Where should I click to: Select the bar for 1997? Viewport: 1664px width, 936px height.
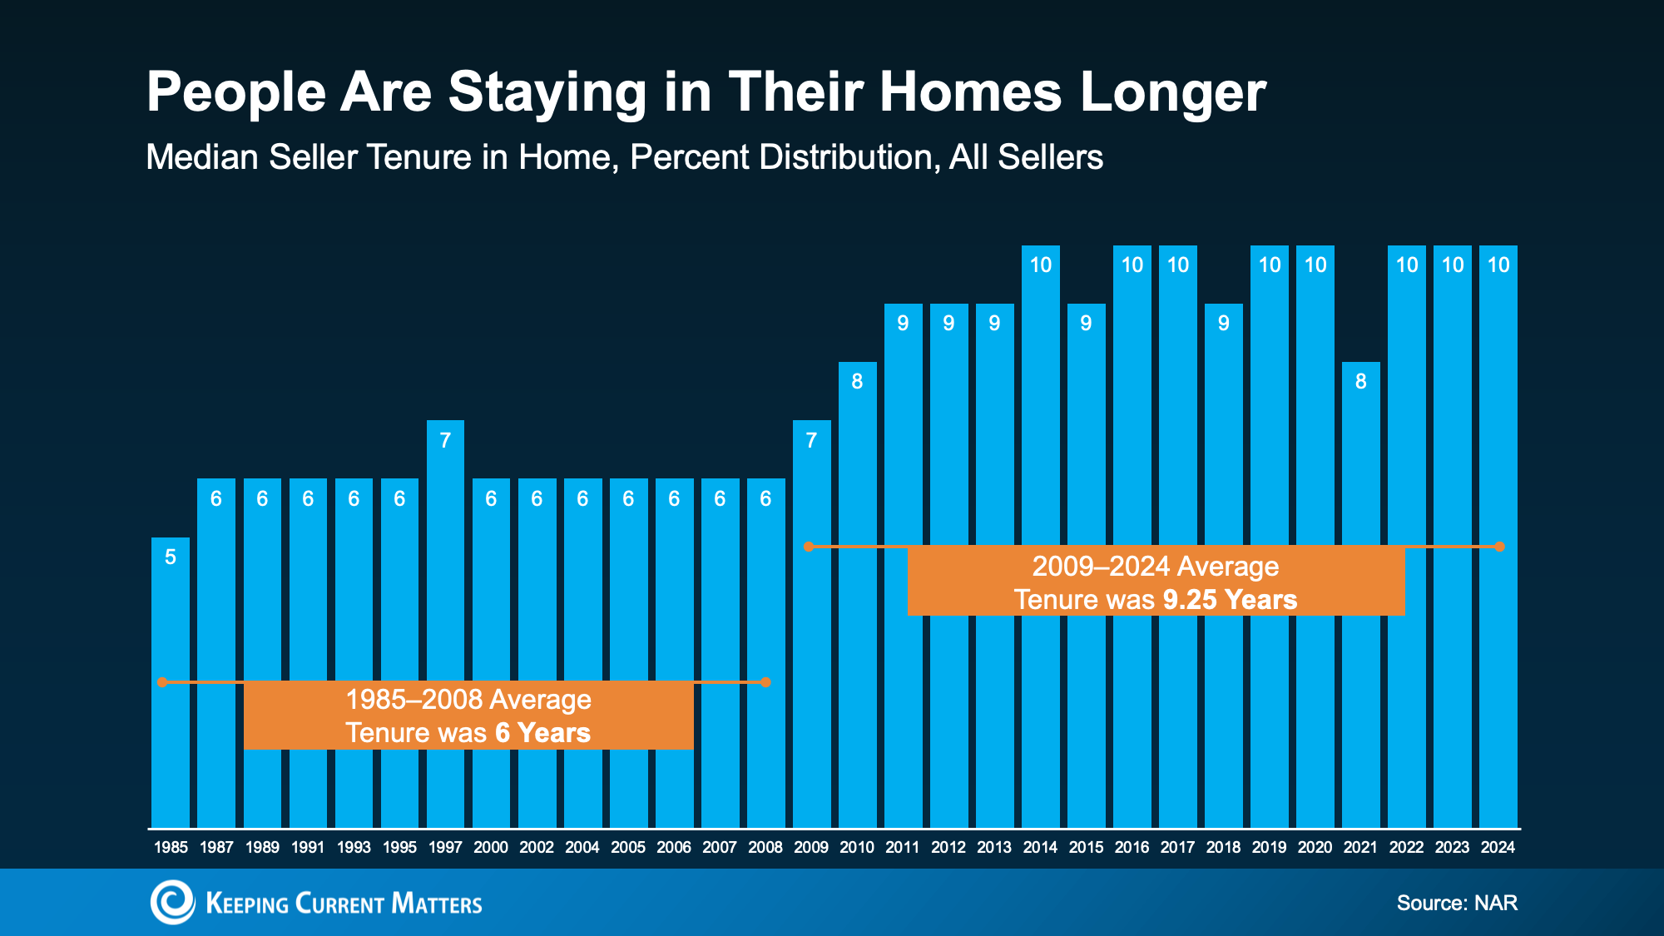point(445,624)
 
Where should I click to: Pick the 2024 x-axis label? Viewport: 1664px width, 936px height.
point(1498,847)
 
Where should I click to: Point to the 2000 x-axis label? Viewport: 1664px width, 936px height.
point(491,847)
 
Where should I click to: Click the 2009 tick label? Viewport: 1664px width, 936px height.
point(811,847)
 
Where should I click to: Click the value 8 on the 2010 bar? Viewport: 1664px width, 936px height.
point(857,382)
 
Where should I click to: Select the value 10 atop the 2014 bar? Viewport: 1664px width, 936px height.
point(1041,265)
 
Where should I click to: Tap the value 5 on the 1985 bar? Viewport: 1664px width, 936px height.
point(171,557)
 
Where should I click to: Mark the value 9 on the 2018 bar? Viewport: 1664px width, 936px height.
point(1223,324)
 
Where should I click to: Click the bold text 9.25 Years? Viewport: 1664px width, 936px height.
point(1230,600)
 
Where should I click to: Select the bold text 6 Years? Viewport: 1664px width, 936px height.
point(542,733)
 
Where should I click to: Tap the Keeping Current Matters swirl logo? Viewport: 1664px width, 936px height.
point(173,903)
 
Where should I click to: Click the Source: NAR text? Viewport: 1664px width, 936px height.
point(1457,903)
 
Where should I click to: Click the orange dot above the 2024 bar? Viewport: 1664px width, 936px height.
point(1499,547)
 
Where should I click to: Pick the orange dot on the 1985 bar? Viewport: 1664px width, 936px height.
point(162,682)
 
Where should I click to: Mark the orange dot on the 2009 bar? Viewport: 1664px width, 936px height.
point(808,547)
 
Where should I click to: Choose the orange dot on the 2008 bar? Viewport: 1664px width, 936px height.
point(766,682)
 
